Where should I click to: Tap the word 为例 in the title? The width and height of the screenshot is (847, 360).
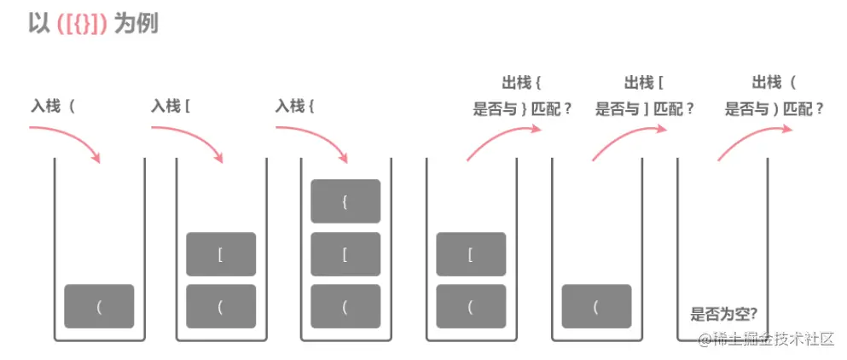tap(136, 25)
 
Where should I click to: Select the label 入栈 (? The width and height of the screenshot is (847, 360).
tap(52, 106)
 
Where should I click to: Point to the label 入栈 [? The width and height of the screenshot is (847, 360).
tap(171, 106)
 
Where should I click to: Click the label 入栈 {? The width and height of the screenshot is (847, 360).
tap(295, 106)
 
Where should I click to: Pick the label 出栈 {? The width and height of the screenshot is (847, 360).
tap(522, 84)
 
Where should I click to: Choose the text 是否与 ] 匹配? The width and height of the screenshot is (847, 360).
tap(645, 110)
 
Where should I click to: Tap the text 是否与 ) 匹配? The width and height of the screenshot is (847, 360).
tap(774, 110)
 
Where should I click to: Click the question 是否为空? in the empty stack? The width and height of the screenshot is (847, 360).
tap(723, 314)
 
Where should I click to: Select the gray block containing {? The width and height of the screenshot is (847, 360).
tap(345, 201)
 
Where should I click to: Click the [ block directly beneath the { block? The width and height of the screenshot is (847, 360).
tap(345, 254)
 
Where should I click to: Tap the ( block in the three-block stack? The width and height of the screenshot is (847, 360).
tap(345, 306)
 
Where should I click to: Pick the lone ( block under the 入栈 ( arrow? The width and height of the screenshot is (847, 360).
tap(99, 306)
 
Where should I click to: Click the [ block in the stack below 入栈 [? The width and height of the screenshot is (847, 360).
tap(221, 254)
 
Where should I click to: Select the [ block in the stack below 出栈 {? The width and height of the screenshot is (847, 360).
tap(471, 254)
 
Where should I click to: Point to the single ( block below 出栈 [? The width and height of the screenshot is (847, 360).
tap(596, 306)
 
